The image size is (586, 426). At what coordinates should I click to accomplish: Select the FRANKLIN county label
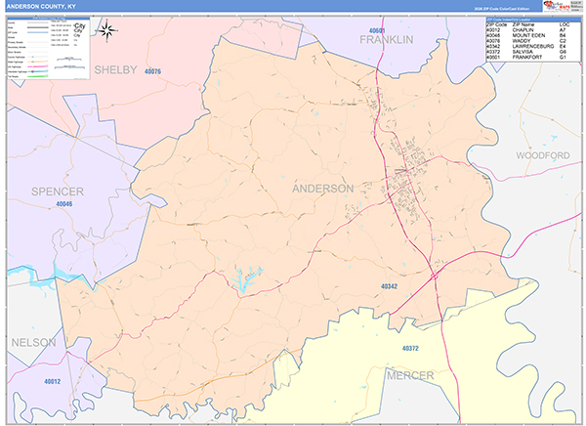click(387, 39)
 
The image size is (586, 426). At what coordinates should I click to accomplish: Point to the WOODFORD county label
click(542, 156)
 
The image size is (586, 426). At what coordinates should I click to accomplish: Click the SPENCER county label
click(57, 191)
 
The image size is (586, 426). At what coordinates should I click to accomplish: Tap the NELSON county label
click(34, 343)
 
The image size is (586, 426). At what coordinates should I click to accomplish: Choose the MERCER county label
click(410, 374)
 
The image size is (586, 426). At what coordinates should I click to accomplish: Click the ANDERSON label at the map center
click(322, 188)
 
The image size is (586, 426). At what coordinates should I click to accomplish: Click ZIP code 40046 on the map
click(64, 205)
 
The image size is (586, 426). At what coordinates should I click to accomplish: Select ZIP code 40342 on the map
click(389, 286)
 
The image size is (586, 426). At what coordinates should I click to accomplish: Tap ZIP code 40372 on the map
click(410, 349)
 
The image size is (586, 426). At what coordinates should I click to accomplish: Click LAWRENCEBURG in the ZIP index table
click(525, 44)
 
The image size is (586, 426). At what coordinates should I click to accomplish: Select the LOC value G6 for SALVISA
click(564, 51)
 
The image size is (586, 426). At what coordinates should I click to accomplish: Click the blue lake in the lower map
click(241, 285)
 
